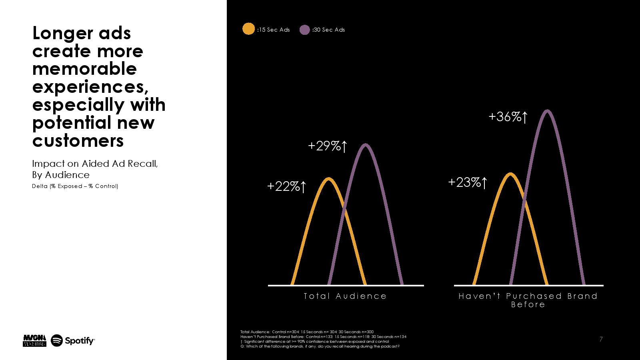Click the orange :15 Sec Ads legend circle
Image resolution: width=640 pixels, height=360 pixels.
[248, 29]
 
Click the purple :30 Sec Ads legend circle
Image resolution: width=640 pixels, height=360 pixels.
[304, 30]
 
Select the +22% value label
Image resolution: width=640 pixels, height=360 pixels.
[286, 186]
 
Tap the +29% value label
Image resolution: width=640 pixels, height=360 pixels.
[327, 146]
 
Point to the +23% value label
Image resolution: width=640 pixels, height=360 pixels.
[467, 182]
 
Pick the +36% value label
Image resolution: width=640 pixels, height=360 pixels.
[508, 117]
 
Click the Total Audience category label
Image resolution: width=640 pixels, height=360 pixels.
[345, 296]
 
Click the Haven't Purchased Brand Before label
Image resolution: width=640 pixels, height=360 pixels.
[528, 300]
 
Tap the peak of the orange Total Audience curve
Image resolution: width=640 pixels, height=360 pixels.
[329, 179]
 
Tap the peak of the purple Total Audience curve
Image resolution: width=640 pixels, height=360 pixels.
[366, 145]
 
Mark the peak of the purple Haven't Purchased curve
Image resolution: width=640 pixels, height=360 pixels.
[547, 111]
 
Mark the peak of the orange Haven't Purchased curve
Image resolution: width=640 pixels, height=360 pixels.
[510, 174]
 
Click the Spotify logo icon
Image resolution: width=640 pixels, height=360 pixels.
[57, 340]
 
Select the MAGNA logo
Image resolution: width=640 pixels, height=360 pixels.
[34, 340]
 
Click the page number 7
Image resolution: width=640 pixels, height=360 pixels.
[601, 339]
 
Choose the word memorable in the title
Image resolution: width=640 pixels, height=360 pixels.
[84, 69]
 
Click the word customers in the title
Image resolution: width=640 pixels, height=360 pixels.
[78, 141]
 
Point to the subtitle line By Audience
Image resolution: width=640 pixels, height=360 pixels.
[61, 175]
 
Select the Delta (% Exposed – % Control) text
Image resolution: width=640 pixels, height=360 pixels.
[75, 186]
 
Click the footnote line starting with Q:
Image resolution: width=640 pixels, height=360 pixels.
[320, 346]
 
